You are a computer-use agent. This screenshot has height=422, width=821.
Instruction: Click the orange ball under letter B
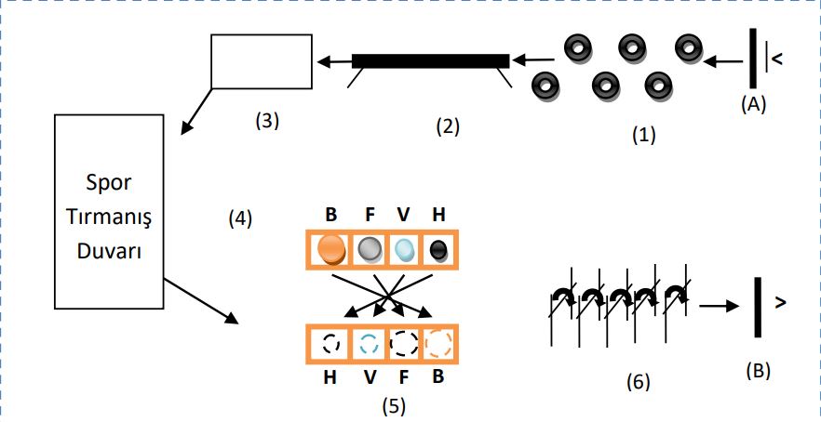331,249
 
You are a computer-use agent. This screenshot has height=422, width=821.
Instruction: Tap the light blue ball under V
405,249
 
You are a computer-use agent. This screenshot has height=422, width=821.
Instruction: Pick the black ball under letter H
438,250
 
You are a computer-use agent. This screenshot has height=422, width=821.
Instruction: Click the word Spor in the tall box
108,183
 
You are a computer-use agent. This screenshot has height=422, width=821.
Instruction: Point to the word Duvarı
109,252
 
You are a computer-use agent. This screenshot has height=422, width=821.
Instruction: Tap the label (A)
753,105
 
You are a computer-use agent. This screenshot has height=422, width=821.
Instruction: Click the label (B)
758,370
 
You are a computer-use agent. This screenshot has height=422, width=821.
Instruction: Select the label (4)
240,218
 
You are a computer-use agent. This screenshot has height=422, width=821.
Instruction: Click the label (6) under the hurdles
638,382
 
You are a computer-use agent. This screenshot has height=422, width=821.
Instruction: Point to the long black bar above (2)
430,60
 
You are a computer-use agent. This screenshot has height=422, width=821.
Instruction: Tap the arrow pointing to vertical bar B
719,307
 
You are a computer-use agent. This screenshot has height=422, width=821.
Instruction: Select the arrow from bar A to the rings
723,61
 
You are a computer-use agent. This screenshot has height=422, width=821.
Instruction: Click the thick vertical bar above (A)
753,58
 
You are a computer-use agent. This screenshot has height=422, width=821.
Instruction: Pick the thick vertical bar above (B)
758,307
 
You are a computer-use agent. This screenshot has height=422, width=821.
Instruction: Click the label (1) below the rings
643,135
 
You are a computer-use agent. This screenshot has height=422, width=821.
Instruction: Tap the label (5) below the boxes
393,406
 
